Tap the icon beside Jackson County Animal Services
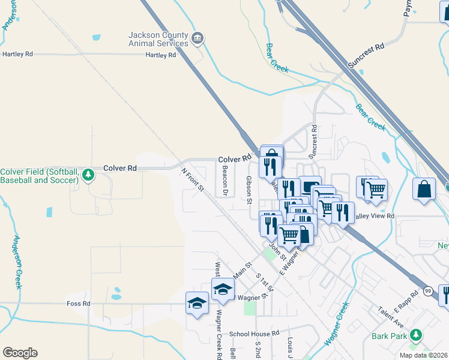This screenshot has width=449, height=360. (x=197, y=40)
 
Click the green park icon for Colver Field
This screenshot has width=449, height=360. (x=89, y=175)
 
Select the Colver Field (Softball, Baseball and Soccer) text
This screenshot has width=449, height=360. (x=40, y=175)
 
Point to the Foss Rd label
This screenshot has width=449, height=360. (x=79, y=304)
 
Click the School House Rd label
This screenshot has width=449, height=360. (x=254, y=333)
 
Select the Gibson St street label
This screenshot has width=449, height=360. (x=249, y=190)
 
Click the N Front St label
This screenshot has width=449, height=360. (x=193, y=180)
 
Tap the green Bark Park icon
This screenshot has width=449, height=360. (x=414, y=336)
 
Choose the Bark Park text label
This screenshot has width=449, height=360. (x=389, y=336)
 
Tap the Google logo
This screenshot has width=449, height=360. (x=20, y=353)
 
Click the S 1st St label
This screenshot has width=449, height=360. (x=265, y=283)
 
